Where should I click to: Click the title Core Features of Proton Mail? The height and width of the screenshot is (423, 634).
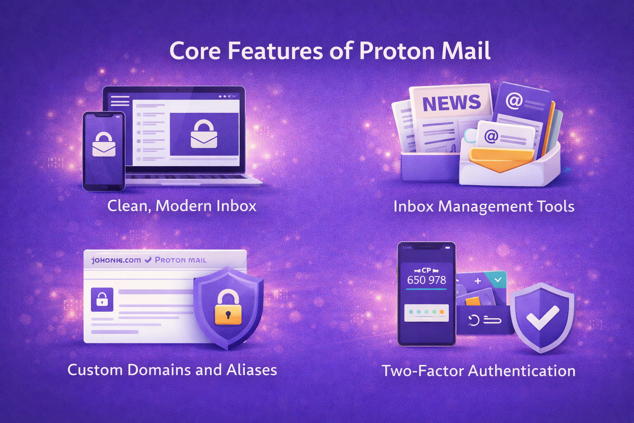point(330,51)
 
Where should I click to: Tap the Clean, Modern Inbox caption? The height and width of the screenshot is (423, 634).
point(182,206)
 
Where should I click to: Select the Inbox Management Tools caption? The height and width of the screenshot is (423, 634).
point(484,206)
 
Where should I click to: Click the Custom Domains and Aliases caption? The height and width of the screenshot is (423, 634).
point(172,370)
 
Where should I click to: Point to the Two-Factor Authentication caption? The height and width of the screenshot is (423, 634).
point(478,371)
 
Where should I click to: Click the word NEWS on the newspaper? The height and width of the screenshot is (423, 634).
point(452,103)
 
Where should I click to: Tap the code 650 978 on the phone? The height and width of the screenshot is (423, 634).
point(426,280)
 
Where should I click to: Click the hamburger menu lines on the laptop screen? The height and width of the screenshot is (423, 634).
point(120,101)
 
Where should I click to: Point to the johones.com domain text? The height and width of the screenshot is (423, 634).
point(116,260)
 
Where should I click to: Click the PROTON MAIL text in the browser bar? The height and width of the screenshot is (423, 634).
point(180,260)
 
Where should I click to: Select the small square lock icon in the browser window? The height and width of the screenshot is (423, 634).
point(102,299)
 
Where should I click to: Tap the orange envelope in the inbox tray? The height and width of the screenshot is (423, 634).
point(501,159)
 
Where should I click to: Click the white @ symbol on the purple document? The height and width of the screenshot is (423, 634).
point(514,100)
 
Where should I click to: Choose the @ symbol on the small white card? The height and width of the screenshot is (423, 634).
point(491,136)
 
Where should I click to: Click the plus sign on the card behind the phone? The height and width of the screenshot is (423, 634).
point(478,281)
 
